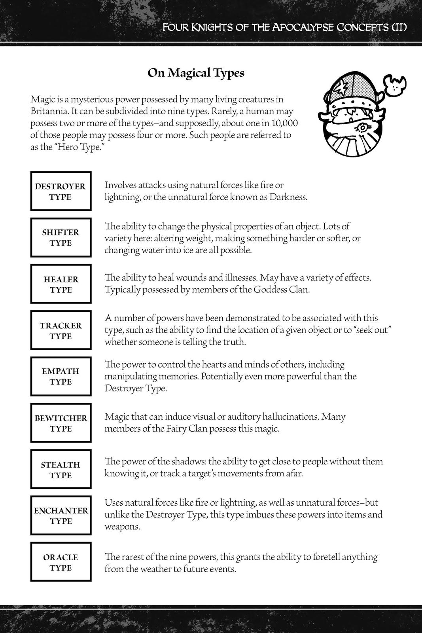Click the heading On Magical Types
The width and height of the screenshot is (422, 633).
pyautogui.click(x=196, y=73)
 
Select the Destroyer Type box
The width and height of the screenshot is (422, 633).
pyautogui.click(x=61, y=191)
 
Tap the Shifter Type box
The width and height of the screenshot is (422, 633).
pyautogui.click(x=61, y=237)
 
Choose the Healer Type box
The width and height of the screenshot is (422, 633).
pyautogui.click(x=61, y=284)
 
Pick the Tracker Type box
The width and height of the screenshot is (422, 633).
pyautogui.click(x=61, y=330)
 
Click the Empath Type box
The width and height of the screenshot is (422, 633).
pyautogui.click(x=61, y=376)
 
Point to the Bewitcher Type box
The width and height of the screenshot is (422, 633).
pyautogui.click(x=61, y=423)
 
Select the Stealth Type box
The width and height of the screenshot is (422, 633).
pyautogui.click(x=61, y=469)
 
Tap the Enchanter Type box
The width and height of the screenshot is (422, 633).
pyautogui.click(x=61, y=515)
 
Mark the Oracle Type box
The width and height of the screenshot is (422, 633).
pyautogui.click(x=61, y=562)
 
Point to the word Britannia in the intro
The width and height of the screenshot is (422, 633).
pyautogui.click(x=46, y=111)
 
